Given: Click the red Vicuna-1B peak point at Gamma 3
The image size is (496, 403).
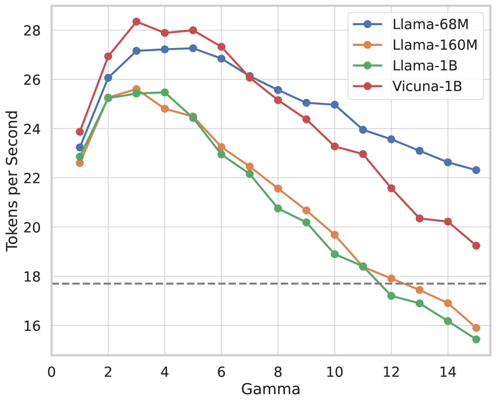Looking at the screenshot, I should tap(137, 22).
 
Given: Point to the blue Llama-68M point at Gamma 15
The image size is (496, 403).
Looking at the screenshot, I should tap(476, 170).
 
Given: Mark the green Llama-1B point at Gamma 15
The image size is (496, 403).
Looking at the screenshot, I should tap(476, 339).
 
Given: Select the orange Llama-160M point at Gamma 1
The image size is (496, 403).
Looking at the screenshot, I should tap(80, 163).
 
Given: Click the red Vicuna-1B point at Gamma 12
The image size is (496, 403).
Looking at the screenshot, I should tap(391, 188).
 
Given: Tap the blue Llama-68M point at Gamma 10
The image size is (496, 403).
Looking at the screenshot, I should tap(335, 105).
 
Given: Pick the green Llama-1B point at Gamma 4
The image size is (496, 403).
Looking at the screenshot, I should tap(165, 93).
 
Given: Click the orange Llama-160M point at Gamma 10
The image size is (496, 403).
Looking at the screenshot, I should tap(335, 235).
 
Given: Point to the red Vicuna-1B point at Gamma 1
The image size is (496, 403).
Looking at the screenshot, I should tap(80, 132).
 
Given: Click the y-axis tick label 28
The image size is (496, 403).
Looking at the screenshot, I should tap(32, 31).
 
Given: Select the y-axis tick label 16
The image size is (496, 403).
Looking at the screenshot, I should tap(32, 326).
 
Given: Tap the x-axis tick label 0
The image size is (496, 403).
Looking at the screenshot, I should tap(52, 372).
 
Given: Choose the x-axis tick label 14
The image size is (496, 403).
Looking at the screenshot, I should tap(448, 372).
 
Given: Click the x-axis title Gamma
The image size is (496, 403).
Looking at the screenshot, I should tap(271, 390).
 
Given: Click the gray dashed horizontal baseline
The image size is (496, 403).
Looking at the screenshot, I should tap(209, 283).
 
